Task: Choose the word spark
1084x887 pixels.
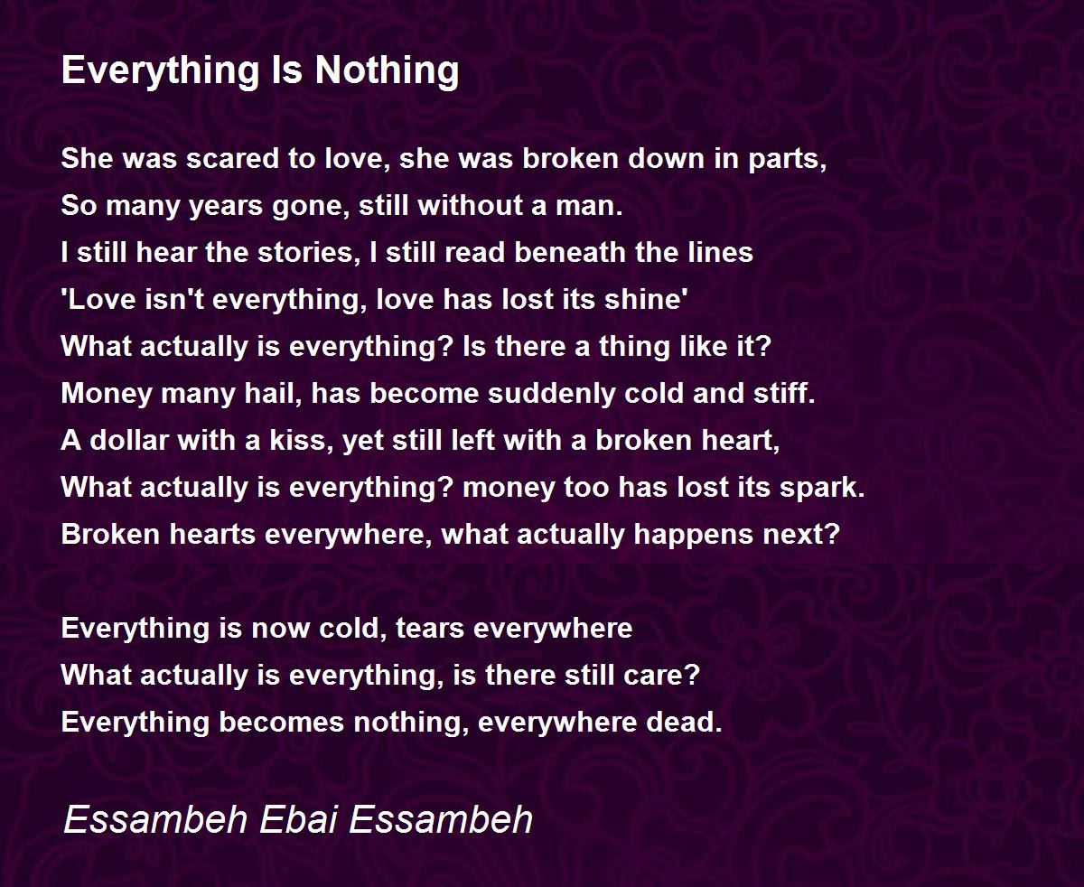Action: click(822, 488)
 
